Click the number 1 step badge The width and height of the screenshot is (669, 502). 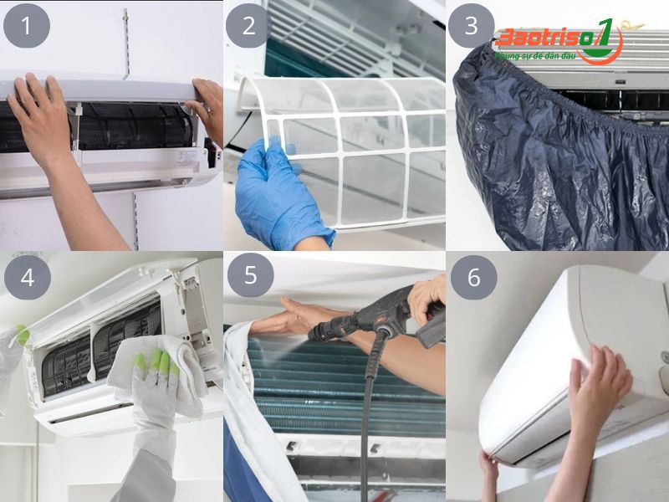click(25, 25)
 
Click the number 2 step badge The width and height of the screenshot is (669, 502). click(248, 25)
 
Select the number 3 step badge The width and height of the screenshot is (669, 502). click(472, 25)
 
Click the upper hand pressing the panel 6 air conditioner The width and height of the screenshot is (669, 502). click(599, 385)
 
